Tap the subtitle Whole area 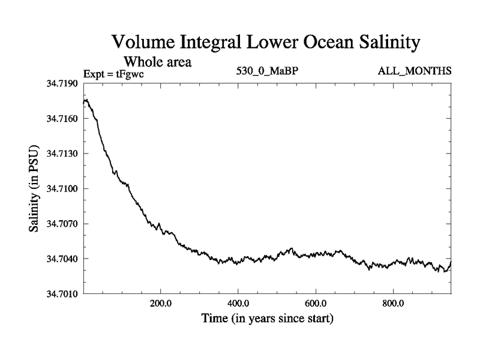click(x=157, y=61)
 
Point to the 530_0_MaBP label click(x=268, y=71)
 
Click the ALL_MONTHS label click(x=415, y=71)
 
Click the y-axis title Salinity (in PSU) click(x=34, y=188)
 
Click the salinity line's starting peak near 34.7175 click(x=86, y=100)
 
